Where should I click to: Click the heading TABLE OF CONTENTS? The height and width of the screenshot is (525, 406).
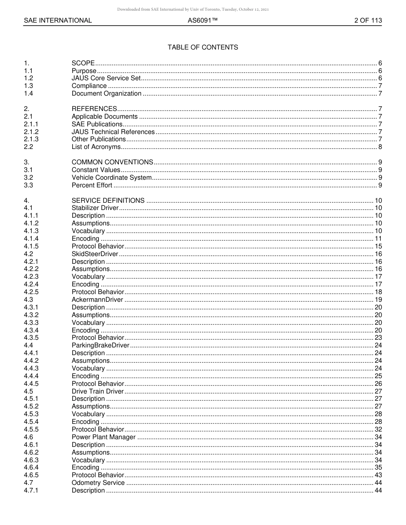203,47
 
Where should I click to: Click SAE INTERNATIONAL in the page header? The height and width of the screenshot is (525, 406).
58,20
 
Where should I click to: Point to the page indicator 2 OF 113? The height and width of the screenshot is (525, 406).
368,20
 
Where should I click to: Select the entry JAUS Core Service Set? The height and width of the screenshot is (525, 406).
106,79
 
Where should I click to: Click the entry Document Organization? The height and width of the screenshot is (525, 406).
106,94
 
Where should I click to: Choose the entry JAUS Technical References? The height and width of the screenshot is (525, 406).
113,132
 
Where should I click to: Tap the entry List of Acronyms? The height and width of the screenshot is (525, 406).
96,147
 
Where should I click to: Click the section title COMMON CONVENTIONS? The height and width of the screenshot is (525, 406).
112,162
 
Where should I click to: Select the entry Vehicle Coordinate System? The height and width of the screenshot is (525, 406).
111,178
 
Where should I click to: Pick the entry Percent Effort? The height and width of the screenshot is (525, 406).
92,185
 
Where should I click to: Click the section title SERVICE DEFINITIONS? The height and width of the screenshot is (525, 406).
108,201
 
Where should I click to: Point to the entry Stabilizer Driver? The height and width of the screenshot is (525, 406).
95,208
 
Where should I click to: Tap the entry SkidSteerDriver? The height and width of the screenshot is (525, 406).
94,254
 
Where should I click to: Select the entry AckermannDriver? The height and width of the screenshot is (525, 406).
97,300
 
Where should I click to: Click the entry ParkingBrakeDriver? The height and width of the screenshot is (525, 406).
100,345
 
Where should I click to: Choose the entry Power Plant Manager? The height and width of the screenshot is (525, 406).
103,437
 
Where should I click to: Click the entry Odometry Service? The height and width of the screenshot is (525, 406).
98,483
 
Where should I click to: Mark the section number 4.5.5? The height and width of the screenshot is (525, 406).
31,429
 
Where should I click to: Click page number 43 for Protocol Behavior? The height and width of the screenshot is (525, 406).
378,475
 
